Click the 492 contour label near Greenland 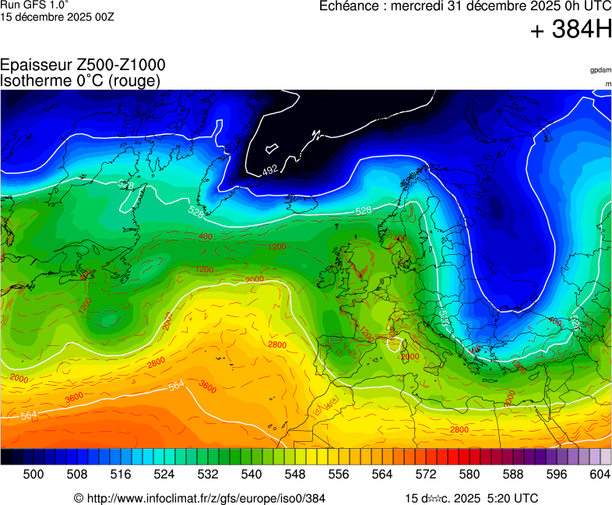(269, 169)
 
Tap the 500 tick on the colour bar (33, 474)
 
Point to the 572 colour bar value (425, 474)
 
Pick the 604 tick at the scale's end (600, 474)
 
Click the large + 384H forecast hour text (571, 30)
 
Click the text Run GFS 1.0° (34, 5)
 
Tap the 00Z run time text (100, 16)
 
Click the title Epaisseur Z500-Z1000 (83, 65)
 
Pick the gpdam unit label (600, 70)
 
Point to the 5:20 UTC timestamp (512, 498)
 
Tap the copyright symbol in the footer (79, 498)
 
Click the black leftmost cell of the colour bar (6, 457)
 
